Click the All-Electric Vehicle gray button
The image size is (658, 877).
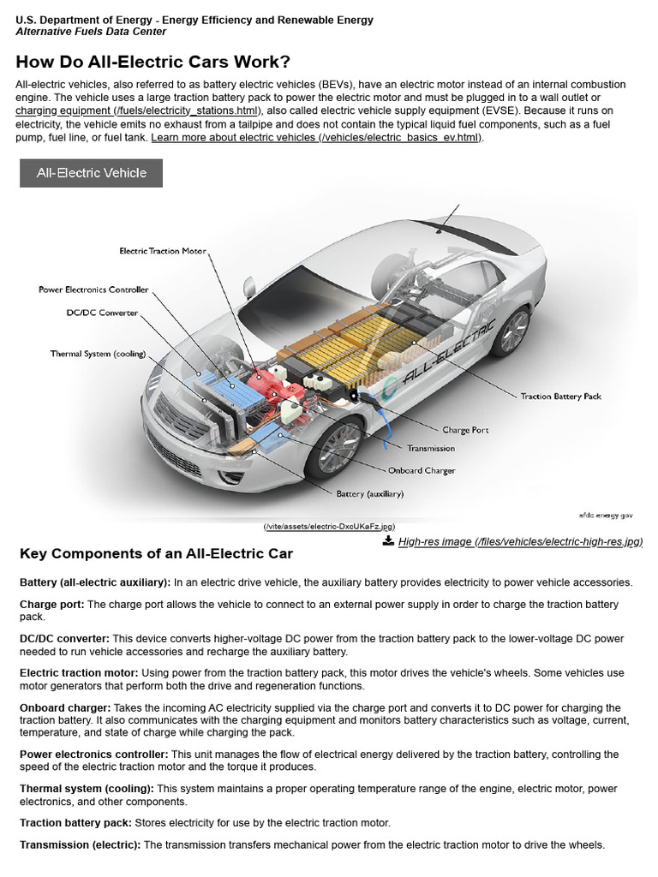(x=91, y=173)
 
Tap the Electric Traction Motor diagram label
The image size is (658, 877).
(x=163, y=251)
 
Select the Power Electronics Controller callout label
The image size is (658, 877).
(x=93, y=289)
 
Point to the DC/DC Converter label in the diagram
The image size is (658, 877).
(x=102, y=313)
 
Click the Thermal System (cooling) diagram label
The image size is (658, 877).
(x=98, y=354)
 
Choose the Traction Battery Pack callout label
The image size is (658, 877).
(x=561, y=397)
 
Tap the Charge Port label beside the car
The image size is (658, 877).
(x=465, y=430)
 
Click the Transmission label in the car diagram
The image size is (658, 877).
(x=431, y=449)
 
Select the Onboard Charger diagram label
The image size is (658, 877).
(x=422, y=470)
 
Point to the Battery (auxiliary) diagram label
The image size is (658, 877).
(x=370, y=494)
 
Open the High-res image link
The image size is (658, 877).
(x=520, y=541)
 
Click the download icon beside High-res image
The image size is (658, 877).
(x=388, y=540)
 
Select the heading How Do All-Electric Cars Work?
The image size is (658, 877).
(x=153, y=62)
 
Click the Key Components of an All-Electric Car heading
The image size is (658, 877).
(x=156, y=554)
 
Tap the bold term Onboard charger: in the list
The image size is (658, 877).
(x=65, y=708)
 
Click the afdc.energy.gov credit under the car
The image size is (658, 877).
(x=605, y=516)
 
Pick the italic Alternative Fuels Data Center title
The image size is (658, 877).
(x=91, y=32)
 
